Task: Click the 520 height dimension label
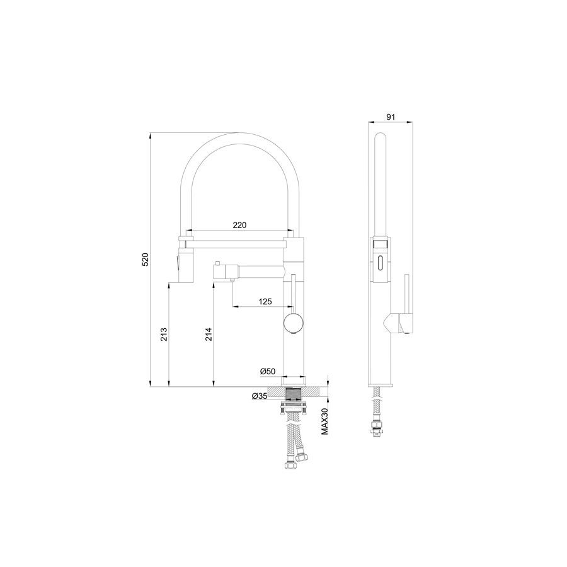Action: [x=145, y=260]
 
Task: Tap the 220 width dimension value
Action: [x=239, y=225]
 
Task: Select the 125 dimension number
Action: [x=265, y=301]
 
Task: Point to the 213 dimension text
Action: [x=164, y=334]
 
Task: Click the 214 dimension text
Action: [x=209, y=334]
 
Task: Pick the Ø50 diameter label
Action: [x=268, y=371]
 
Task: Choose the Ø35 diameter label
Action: [x=260, y=396]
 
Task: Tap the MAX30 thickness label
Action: [x=324, y=421]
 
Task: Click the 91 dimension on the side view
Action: [x=391, y=117]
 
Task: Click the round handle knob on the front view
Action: [x=293, y=323]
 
